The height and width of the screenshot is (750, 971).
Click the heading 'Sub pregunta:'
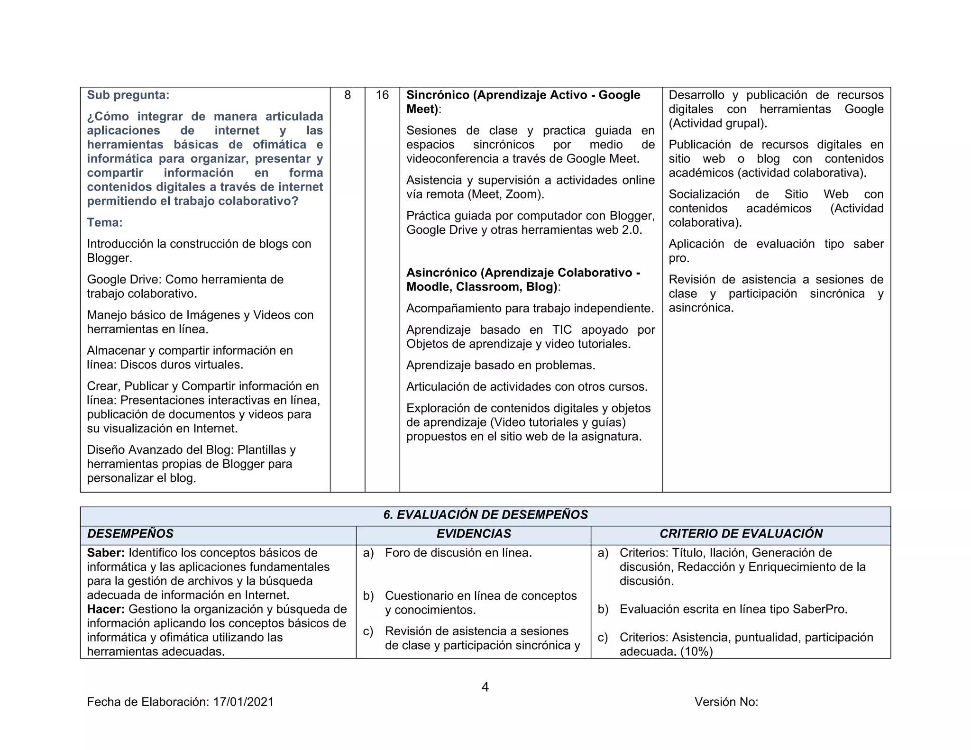click(x=128, y=95)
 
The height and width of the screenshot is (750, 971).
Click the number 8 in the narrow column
click(x=348, y=95)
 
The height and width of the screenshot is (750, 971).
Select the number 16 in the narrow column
click(x=382, y=95)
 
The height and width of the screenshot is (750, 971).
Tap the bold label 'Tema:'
click(x=105, y=222)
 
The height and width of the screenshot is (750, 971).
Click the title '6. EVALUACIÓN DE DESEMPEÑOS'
click(x=485, y=515)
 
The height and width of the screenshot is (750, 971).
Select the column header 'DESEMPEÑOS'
click(x=130, y=534)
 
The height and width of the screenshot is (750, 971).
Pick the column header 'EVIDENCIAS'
click(x=474, y=534)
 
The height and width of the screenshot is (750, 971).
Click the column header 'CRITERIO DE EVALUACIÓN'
click(x=741, y=534)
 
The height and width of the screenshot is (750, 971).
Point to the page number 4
click(x=485, y=687)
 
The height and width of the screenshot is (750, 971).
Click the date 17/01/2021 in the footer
click(x=244, y=702)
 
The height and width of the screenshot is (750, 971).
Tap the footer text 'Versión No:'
click(x=726, y=702)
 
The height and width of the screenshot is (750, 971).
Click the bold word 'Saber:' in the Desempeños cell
click(x=106, y=553)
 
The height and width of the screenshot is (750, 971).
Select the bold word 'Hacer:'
click(x=106, y=609)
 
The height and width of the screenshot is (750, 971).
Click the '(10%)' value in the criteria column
click(x=696, y=652)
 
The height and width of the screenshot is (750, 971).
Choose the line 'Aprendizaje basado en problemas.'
click(x=501, y=366)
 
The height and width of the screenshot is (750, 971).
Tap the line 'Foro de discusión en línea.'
click(x=458, y=553)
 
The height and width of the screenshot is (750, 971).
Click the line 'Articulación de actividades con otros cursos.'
click(x=527, y=387)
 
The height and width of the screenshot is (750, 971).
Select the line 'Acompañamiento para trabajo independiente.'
click(x=530, y=309)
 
